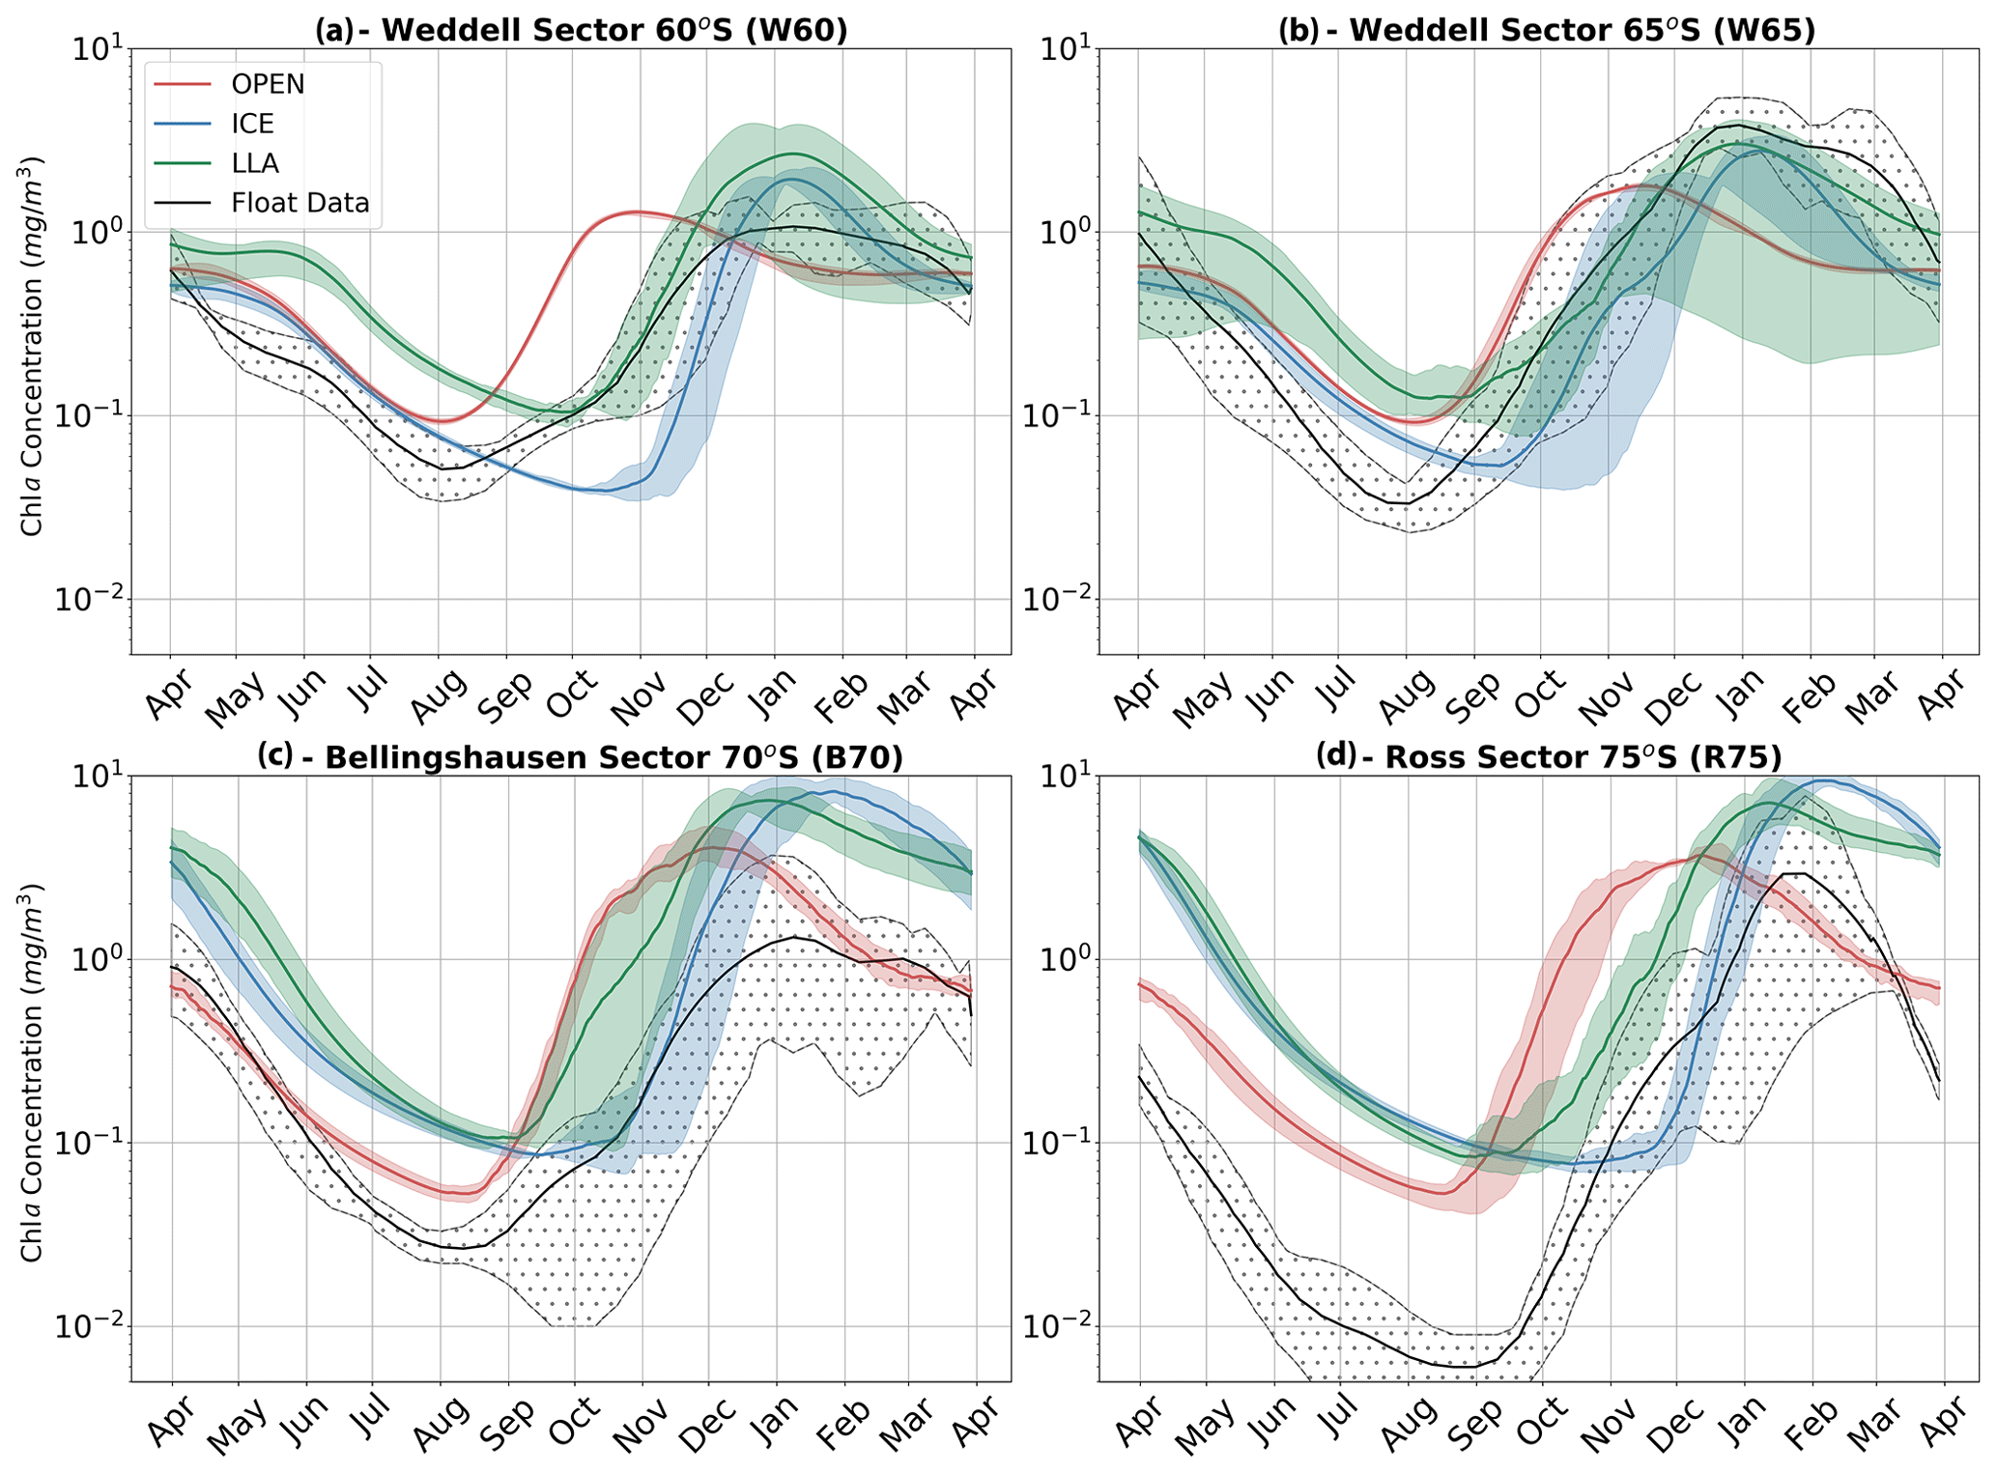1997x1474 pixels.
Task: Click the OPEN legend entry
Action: point(268,85)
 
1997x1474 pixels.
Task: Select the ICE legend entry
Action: point(252,124)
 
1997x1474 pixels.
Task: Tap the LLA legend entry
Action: point(255,163)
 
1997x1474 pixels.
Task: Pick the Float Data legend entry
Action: point(300,203)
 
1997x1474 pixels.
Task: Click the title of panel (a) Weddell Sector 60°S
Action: point(581,30)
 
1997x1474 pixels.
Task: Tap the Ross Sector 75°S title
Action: point(1548,757)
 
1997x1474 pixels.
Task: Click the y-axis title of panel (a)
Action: point(32,345)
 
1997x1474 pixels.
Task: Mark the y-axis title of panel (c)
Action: point(32,1072)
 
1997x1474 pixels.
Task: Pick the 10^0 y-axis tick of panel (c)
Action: point(97,959)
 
